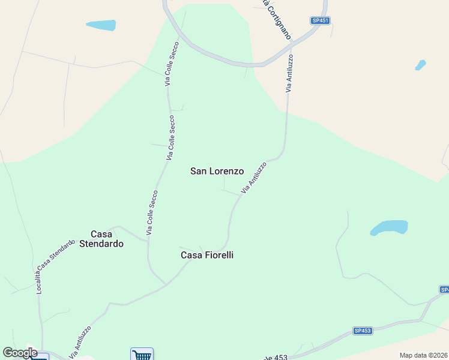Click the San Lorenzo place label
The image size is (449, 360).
coord(217,171)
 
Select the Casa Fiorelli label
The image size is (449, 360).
coord(207,255)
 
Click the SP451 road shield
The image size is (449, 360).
coord(321,20)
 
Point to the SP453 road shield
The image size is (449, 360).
coord(363,331)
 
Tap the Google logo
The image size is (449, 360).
coord(20,353)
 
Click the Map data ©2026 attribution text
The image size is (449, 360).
coord(424,355)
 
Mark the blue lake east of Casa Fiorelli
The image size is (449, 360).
coord(389,228)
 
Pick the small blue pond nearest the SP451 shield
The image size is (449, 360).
coord(420,65)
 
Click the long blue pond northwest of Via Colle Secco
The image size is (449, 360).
coord(101,25)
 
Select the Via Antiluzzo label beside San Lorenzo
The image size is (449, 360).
coord(253,177)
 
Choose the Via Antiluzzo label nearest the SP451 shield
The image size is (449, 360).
coord(289,73)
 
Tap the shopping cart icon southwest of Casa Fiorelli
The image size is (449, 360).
coord(142,355)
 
